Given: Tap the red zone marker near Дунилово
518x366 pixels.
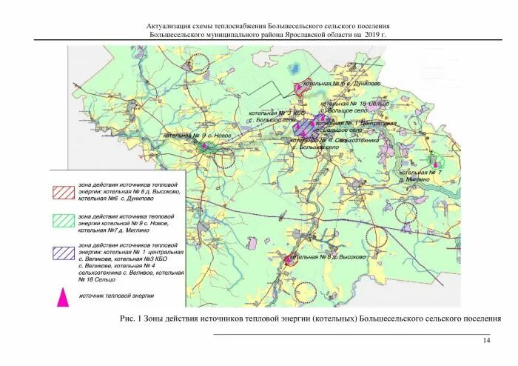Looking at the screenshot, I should (x=300, y=87).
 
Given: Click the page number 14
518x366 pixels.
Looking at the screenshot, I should (x=486, y=340).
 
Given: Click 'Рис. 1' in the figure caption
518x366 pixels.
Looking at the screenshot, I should (x=131, y=319).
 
